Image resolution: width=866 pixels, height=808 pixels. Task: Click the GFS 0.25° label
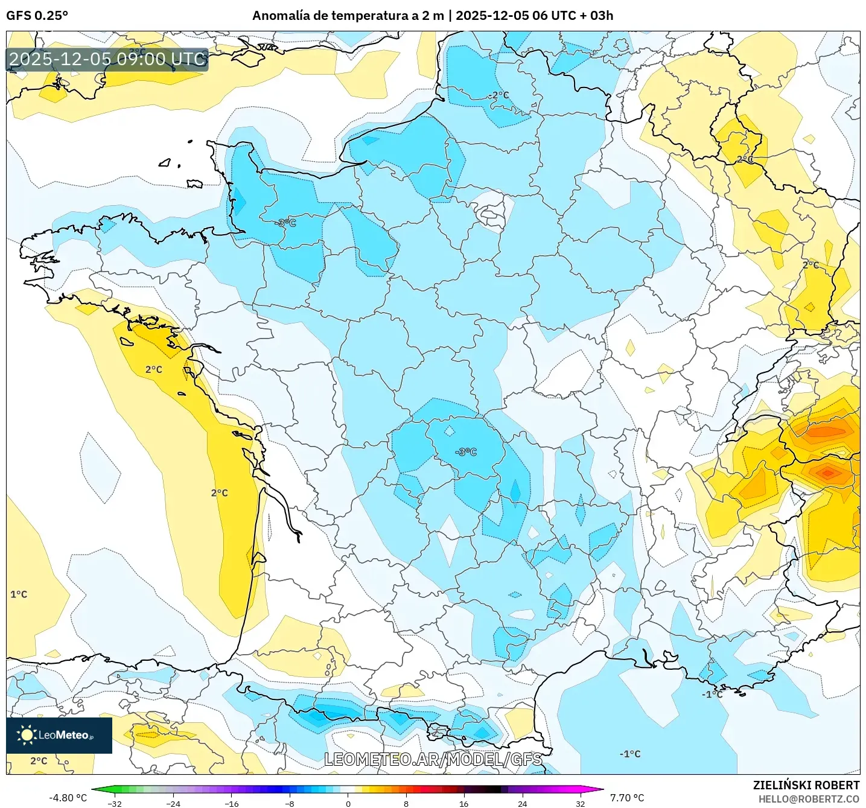point(37,16)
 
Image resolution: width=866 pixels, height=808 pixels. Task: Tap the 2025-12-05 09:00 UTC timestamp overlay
point(107,59)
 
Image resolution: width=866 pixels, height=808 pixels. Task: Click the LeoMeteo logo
point(59,735)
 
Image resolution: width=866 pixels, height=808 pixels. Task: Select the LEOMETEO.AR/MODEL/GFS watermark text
point(433,759)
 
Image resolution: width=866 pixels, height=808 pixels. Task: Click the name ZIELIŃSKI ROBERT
point(806,785)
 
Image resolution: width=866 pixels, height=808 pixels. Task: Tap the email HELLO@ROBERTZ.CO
point(809,799)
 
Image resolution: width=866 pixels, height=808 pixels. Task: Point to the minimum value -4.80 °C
point(68,798)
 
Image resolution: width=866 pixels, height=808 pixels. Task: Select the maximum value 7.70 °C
point(627,798)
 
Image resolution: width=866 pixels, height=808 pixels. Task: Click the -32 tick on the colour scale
point(115,804)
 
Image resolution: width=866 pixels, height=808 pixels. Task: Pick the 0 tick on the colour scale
point(348,804)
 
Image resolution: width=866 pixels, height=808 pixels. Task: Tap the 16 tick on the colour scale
point(463,804)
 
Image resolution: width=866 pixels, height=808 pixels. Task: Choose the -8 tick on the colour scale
point(290,804)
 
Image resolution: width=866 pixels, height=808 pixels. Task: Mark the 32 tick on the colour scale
point(580,804)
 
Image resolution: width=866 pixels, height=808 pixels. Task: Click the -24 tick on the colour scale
point(173,804)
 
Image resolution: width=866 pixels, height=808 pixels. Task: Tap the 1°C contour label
point(19,594)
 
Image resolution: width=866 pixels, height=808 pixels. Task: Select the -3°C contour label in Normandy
point(286,223)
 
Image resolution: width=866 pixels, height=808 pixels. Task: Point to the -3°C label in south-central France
point(466,452)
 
